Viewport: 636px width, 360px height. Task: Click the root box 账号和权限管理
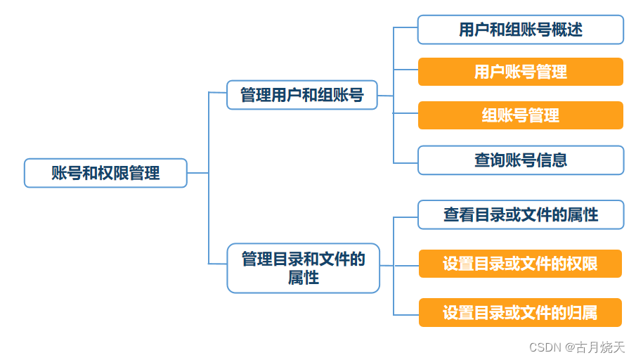click(x=105, y=173)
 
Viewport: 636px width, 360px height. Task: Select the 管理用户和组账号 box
click(x=302, y=95)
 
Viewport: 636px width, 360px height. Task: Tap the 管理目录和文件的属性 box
click(x=303, y=268)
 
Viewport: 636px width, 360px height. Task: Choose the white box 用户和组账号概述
click(x=520, y=30)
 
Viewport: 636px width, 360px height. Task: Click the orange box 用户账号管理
click(x=520, y=72)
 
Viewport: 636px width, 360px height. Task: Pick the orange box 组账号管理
click(x=520, y=115)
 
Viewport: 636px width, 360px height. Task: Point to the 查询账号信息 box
click(x=520, y=160)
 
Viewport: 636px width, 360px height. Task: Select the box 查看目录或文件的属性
click(x=520, y=214)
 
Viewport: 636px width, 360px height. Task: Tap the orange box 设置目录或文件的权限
click(x=520, y=264)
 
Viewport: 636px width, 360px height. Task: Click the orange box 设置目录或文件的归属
click(x=520, y=312)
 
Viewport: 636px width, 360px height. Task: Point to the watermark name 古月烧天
click(x=600, y=347)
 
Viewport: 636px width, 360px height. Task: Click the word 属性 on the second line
click(x=304, y=278)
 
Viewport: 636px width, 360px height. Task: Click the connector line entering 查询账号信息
click(x=405, y=163)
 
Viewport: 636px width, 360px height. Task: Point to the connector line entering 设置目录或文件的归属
click(x=405, y=314)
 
